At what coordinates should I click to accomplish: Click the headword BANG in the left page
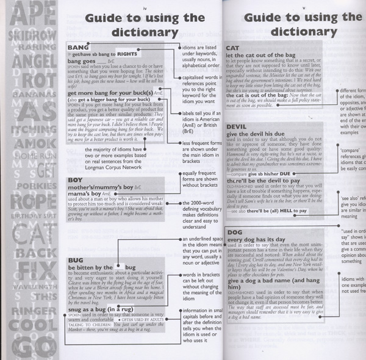[77, 47]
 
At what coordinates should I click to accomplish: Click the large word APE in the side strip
[31, 13]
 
